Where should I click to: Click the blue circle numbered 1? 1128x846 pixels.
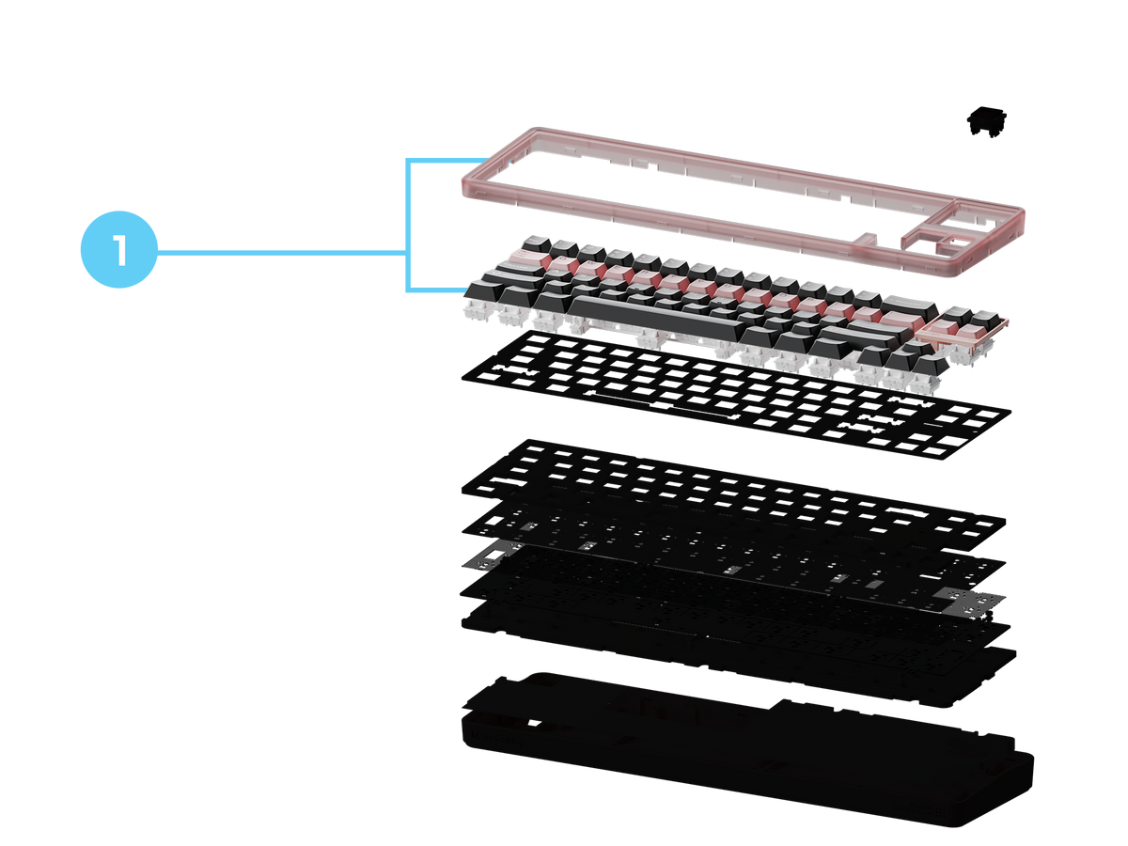point(118,250)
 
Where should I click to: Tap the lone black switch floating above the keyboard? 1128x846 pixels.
point(986,122)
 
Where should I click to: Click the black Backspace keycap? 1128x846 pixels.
point(909,306)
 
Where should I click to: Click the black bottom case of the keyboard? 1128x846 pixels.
point(746,750)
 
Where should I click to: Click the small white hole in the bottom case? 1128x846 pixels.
point(535,723)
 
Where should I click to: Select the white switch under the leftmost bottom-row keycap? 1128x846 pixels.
point(478,311)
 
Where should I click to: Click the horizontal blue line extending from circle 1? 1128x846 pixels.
point(282,252)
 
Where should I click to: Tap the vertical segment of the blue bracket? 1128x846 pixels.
point(408,226)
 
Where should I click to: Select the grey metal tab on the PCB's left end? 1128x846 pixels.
point(491,556)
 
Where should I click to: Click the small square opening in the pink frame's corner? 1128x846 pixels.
point(959,241)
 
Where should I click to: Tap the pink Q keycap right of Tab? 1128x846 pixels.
point(563,262)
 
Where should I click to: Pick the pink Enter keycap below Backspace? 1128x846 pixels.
point(901,321)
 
